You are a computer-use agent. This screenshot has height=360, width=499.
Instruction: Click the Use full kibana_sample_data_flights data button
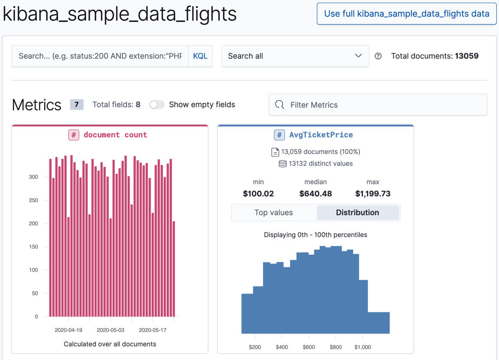(x=406, y=14)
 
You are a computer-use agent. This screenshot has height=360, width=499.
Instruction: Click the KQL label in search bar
(x=200, y=56)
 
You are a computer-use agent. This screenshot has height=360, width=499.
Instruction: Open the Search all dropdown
(x=295, y=56)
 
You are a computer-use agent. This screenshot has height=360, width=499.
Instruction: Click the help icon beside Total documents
(x=378, y=56)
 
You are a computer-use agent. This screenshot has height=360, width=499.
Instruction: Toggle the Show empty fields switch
(x=156, y=105)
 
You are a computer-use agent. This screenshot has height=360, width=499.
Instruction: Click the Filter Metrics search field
(x=378, y=105)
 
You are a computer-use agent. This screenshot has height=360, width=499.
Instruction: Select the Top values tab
(x=274, y=213)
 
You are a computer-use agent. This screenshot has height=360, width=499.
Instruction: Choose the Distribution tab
(x=357, y=213)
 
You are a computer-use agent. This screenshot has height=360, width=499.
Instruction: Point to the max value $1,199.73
(x=372, y=193)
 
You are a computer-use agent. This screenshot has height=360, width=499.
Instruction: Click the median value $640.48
(x=315, y=193)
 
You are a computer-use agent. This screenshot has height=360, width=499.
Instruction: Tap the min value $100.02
(x=258, y=193)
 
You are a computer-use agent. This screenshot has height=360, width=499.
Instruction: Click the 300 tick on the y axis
(x=33, y=177)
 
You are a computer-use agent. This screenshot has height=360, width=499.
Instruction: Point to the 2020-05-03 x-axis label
(x=110, y=330)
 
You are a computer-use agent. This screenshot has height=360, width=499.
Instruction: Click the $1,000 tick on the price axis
(x=362, y=347)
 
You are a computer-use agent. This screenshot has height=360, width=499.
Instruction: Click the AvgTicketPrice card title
(x=320, y=135)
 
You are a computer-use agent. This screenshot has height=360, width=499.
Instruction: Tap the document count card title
(x=115, y=135)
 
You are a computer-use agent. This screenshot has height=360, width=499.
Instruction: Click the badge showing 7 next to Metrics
(x=77, y=105)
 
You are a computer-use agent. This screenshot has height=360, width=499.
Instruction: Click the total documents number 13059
(x=467, y=56)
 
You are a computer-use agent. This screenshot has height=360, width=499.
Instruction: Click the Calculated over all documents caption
(x=110, y=344)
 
